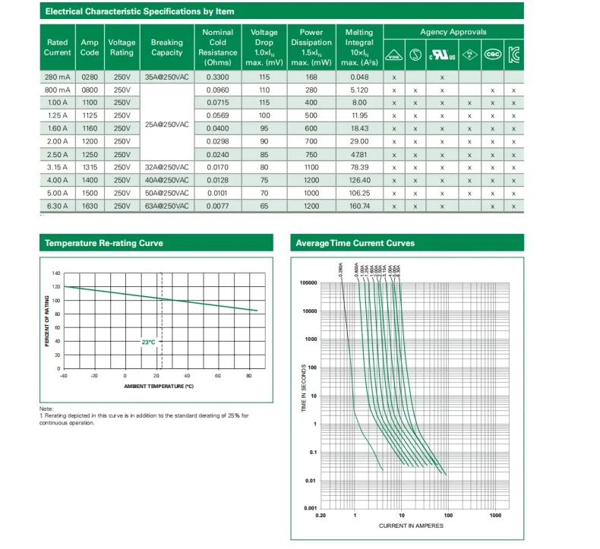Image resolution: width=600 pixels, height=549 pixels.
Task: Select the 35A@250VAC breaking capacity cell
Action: pos(166,78)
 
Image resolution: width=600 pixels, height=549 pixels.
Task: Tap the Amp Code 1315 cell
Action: pos(90,167)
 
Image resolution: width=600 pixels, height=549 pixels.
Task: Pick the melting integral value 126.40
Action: pos(359,180)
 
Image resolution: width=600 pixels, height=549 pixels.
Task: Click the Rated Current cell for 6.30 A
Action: pos(58,206)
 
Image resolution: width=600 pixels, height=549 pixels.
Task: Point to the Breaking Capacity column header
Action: pos(166,48)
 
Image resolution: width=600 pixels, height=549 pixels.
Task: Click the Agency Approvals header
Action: pos(453,32)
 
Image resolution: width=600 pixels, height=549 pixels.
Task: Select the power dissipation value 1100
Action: pos(311,167)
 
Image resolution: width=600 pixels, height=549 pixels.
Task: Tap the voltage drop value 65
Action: pos(264,206)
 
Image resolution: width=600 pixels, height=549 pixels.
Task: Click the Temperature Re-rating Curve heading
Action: pos(104,243)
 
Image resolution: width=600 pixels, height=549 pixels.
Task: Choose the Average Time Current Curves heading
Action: pos(355,243)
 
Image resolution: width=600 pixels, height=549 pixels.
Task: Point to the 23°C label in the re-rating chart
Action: pos(148,342)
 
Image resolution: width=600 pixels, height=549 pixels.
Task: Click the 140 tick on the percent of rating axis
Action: pos(55,273)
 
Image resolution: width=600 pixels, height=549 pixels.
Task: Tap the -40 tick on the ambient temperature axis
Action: pos(63,376)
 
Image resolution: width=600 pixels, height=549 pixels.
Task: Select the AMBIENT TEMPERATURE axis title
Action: pos(159,387)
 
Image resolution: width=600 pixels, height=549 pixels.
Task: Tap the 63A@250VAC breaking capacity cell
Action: pos(166,206)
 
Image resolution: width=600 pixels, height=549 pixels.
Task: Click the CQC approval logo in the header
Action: pos(493,55)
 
